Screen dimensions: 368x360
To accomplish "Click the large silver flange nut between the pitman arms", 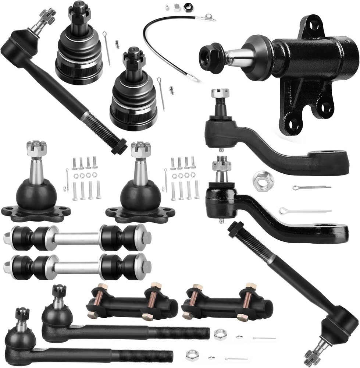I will pyautogui.click(x=260, y=179).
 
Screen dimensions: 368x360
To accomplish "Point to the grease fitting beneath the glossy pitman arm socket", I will pyautogui.click(x=221, y=221).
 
